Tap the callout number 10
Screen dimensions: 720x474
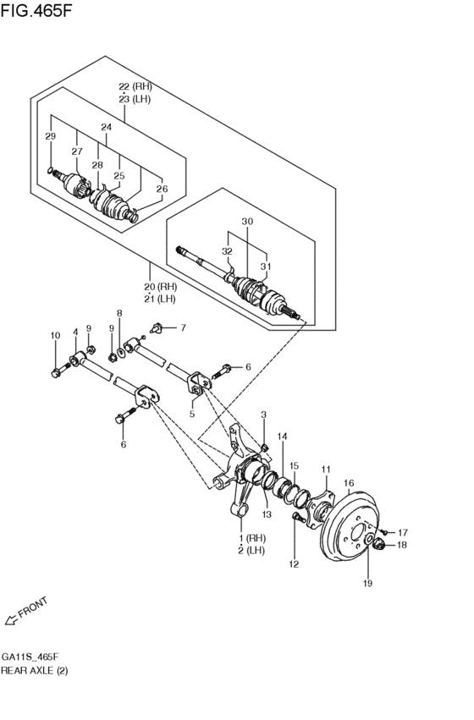click(x=55, y=336)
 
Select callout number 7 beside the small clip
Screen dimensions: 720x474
click(x=182, y=327)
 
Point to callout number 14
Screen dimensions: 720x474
click(x=282, y=437)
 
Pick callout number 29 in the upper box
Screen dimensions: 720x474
click(x=50, y=137)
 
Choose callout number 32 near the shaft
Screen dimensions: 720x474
click(x=227, y=251)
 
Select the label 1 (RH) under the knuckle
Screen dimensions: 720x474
click(x=252, y=539)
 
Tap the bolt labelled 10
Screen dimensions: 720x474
click(x=58, y=370)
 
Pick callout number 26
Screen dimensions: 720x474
click(x=162, y=190)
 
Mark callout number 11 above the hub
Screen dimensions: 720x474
click(x=327, y=469)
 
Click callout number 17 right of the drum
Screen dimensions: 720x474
click(x=403, y=532)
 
